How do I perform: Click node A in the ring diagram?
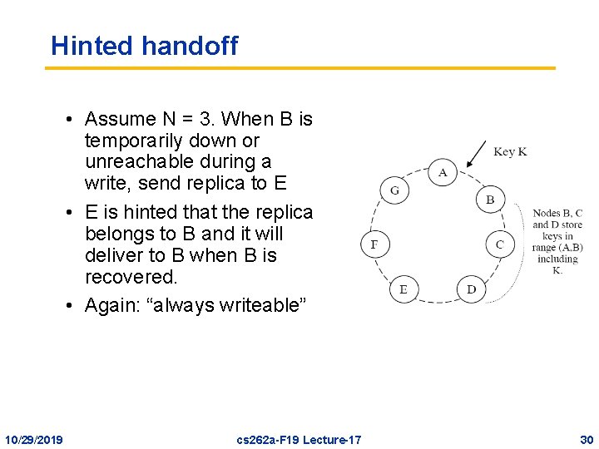pos(443,172)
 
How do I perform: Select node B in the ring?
pos(490,200)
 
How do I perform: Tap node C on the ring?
pos(499,244)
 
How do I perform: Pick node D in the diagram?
pos(472,289)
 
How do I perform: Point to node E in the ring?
pos(403,289)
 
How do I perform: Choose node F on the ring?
pos(374,244)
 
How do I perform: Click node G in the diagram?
pos(394,190)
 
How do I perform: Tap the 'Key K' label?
pos(509,151)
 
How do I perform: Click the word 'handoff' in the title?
pos(190,46)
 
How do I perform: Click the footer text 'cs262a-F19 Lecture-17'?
pos(299,438)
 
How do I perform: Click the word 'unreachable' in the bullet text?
pos(136,161)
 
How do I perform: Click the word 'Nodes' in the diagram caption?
pos(546,214)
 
